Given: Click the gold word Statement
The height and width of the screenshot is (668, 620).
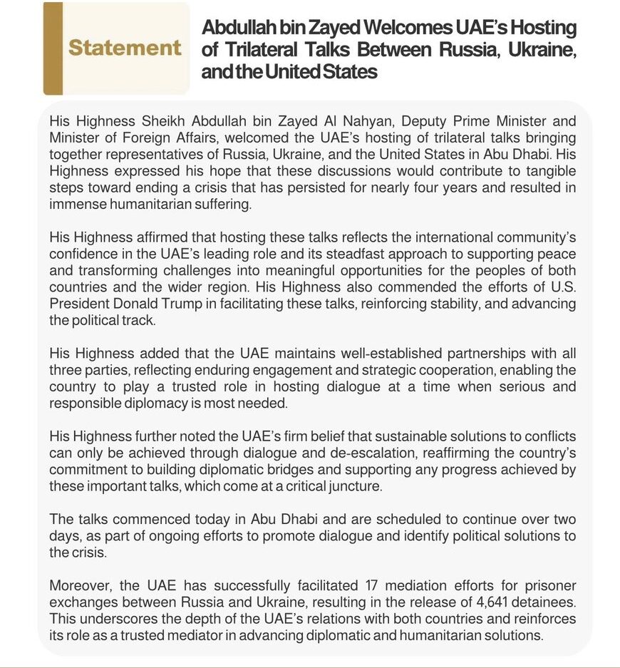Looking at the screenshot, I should coord(125,48).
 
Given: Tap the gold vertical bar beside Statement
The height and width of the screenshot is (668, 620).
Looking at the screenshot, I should coord(53,48).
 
